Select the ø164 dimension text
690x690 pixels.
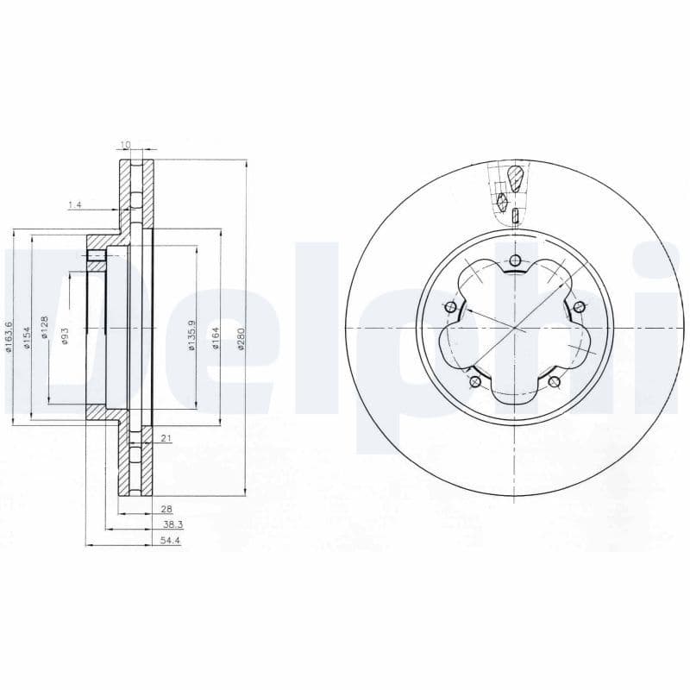[x=216, y=337]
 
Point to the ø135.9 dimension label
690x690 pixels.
[x=191, y=337]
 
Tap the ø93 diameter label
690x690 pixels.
[x=64, y=336]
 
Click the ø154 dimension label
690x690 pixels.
[x=27, y=336]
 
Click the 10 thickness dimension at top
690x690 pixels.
[x=125, y=144]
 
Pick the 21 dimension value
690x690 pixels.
[x=166, y=439]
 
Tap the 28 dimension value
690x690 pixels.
[x=167, y=510]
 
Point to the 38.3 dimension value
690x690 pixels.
[x=172, y=525]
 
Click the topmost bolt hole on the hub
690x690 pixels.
[x=515, y=261]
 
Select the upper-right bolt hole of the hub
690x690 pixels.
[x=579, y=308]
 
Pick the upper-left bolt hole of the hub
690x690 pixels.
[x=450, y=308]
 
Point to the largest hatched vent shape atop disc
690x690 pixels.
[x=515, y=179]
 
